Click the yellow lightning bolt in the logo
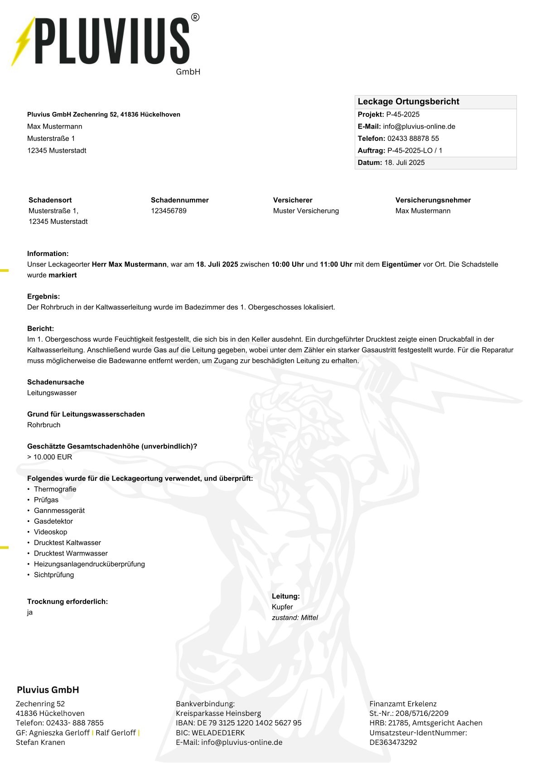[23, 42]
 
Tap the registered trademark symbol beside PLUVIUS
[195, 18]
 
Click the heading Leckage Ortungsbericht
[408, 101]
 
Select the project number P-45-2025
[403, 115]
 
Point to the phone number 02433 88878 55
[413, 139]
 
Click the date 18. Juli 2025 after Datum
[404, 163]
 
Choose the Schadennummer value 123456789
[169, 211]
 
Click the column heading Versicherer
[293, 200]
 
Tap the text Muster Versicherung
[306, 211]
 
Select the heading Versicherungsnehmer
[433, 200]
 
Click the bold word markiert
[63, 275]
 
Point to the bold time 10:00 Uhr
[287, 264]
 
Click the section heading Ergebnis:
[43, 296]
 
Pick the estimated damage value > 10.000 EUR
[50, 457]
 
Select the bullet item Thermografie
[55, 489]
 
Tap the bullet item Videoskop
[50, 532]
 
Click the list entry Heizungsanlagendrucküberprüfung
[89, 564]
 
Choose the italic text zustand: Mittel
[295, 618]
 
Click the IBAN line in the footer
[238, 723]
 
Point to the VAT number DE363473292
[393, 742]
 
